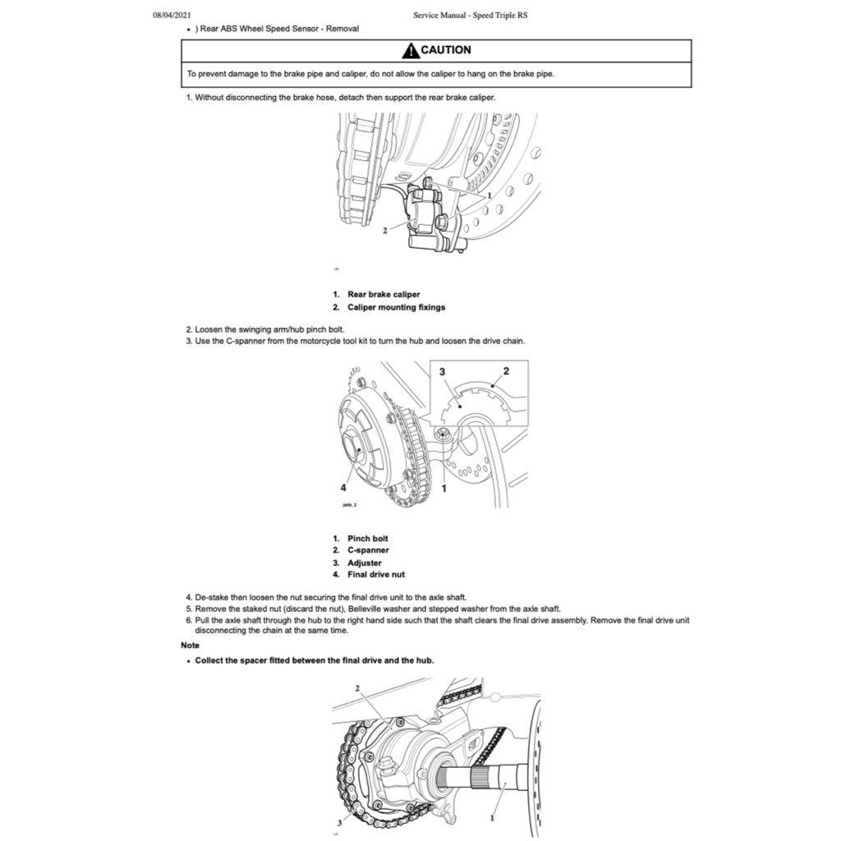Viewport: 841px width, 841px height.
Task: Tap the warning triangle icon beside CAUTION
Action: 410,50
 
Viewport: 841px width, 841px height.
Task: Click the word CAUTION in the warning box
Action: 446,50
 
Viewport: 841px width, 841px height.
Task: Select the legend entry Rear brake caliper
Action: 383,294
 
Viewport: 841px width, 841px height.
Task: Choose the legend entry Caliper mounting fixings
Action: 396,307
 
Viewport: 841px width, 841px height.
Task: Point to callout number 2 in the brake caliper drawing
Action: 384,231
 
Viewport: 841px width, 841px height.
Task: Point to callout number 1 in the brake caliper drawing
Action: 489,196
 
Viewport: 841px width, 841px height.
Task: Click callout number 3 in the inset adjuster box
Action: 443,372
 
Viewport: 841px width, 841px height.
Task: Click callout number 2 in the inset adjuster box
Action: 506,371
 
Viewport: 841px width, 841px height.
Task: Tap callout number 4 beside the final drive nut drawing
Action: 343,487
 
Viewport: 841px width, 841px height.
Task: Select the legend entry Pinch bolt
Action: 367,539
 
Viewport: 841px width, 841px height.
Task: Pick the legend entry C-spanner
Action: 368,550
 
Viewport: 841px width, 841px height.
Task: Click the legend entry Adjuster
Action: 364,563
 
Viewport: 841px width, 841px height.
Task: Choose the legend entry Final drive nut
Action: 375,575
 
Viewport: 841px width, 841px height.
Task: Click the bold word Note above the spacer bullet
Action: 190,646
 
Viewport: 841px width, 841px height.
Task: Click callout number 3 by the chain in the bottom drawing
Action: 338,821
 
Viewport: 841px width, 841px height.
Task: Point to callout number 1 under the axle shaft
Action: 492,818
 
